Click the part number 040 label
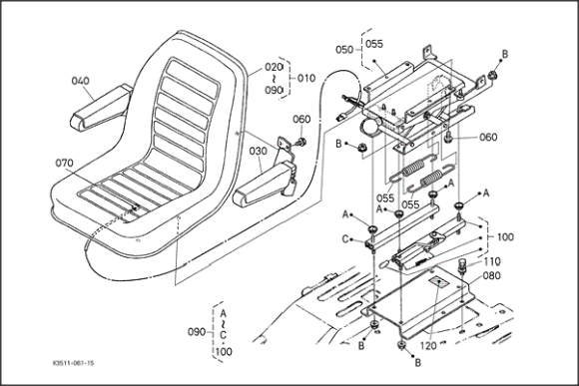coord(80,81)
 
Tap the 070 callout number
coord(64,163)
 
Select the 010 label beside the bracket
coord(306,78)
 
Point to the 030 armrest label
coord(258,151)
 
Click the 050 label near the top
coord(344,50)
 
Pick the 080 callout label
coord(492,275)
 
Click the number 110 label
coord(492,261)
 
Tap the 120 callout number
coord(428,346)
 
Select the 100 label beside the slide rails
coord(505,237)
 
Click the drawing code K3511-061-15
coord(73,363)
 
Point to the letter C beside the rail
coord(345,239)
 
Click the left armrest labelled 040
coord(101,108)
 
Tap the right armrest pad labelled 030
coord(264,184)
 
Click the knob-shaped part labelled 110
coord(462,265)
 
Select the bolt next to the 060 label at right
coord(448,138)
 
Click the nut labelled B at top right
coord(491,76)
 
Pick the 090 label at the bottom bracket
coord(197,332)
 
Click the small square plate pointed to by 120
coord(438,282)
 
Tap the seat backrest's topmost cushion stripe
coord(192,77)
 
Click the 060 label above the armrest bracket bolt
coord(301,120)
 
